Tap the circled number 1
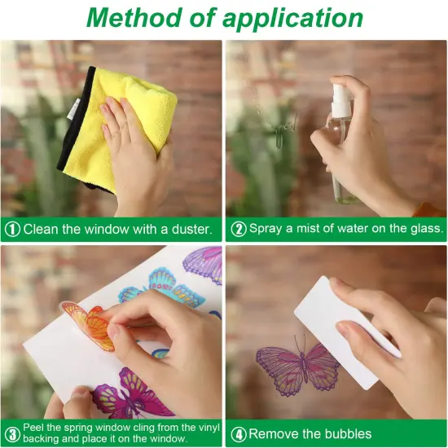12,230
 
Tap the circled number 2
239,229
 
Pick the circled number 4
239,434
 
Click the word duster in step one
191,230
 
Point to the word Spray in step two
266,229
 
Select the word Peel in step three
34,428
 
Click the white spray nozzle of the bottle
341,97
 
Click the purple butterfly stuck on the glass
297,368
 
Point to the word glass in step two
427,229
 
